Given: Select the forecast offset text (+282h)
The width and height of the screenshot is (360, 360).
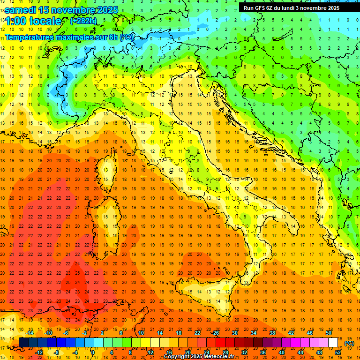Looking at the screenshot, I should click(83, 21).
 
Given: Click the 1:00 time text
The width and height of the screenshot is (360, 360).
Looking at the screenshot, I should click(15, 21).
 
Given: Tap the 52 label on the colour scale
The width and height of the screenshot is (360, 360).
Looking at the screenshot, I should click(338, 352).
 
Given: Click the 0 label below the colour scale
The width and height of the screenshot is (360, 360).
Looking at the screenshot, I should click(93, 352).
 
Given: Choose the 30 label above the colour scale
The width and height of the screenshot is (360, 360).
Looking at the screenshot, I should click(234, 333).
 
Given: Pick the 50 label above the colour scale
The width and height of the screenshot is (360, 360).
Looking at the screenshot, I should click(329, 333).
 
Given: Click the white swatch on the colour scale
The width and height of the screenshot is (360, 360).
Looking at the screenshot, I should click(333, 342).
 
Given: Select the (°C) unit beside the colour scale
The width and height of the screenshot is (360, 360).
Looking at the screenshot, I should click(349, 343).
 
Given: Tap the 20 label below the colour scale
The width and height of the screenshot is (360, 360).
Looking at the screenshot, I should click(187, 352).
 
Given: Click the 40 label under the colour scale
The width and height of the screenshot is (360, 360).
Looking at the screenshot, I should click(282, 352).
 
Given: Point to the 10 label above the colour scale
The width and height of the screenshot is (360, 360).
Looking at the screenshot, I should click(141, 333).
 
